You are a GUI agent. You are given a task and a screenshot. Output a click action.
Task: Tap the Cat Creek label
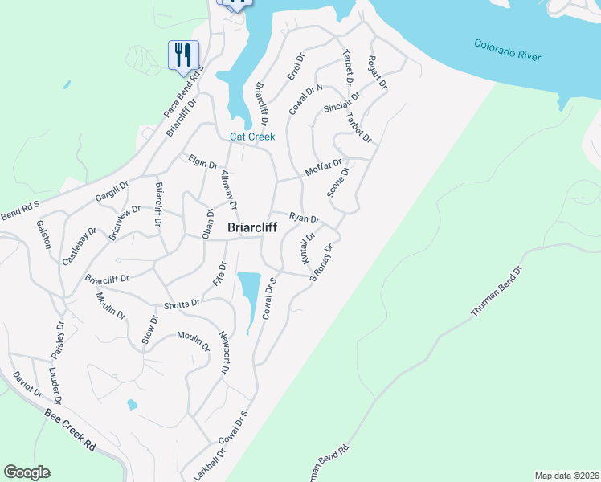coord(252,137)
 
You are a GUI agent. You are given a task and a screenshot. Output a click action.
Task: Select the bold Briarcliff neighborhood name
coord(252,228)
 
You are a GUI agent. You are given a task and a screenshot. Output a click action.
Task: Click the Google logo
coord(27,472)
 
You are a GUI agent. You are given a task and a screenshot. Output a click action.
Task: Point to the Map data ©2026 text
coord(566,475)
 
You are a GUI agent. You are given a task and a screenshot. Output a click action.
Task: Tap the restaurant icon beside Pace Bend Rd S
coord(183,56)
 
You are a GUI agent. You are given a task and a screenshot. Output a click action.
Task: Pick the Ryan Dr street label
coord(305,219)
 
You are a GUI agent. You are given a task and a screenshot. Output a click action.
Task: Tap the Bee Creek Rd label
coord(72,428)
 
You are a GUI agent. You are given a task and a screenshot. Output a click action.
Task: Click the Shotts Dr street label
coord(181,304)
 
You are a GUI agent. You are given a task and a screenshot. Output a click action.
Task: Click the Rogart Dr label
coord(377,72)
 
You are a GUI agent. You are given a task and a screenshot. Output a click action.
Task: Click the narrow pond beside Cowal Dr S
coord(251,293)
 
